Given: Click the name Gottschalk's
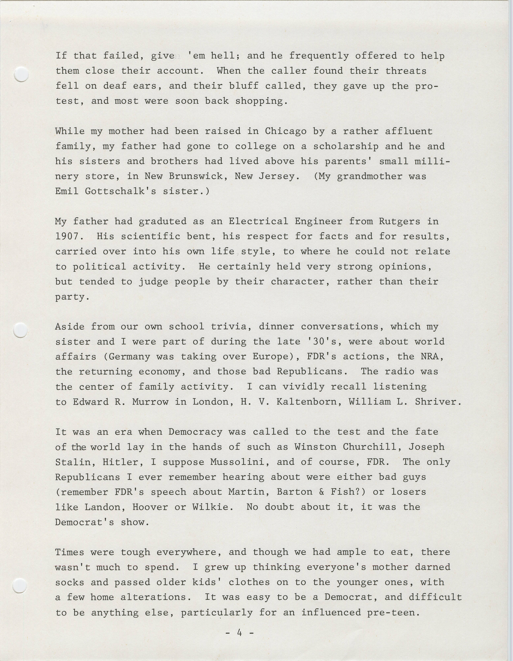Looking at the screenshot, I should [121, 191].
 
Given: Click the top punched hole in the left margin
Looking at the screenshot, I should [21, 74].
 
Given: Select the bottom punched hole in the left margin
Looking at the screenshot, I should [20, 585].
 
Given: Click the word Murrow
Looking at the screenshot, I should [150, 402].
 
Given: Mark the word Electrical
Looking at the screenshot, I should [258, 221].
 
